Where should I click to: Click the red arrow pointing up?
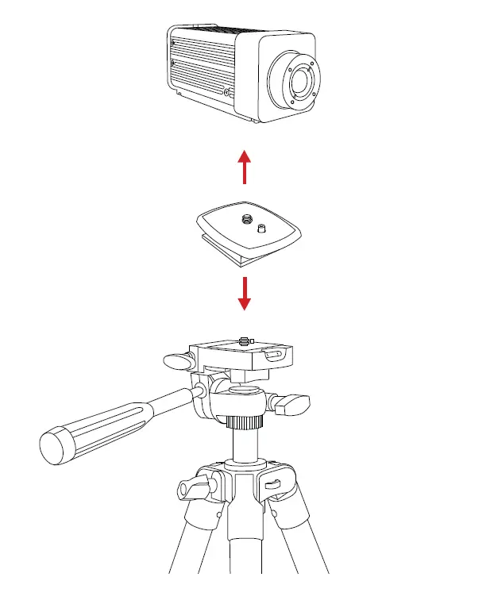245,167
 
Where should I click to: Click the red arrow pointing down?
245,293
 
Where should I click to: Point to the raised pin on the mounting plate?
261,229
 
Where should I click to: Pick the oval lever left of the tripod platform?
177,361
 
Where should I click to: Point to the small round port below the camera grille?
228,93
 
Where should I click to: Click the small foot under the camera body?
253,121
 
